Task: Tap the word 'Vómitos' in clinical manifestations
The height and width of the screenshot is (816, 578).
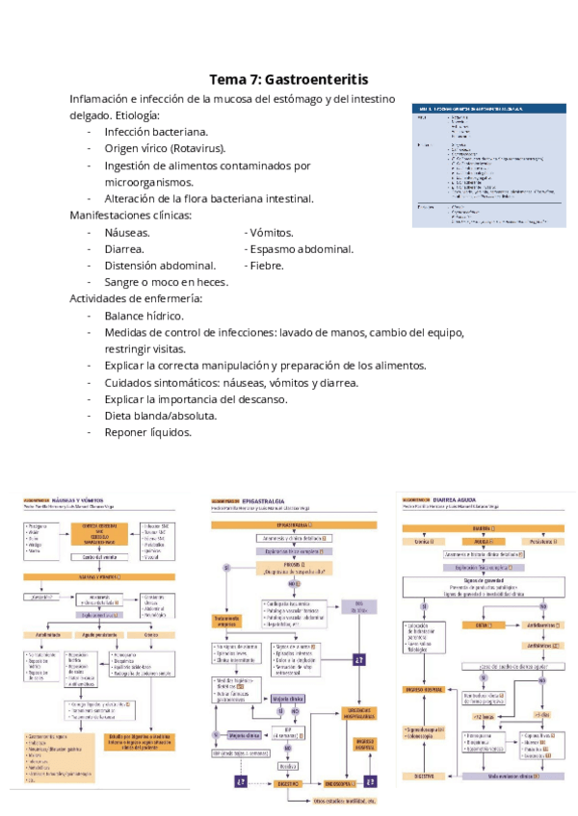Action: (271, 232)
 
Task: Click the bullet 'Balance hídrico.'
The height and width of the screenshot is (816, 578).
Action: (144, 315)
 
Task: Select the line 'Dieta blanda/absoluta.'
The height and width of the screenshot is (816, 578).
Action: (161, 415)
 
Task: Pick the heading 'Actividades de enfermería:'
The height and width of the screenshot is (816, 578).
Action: (135, 298)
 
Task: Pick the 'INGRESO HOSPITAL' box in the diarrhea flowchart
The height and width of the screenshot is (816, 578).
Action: (423, 689)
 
